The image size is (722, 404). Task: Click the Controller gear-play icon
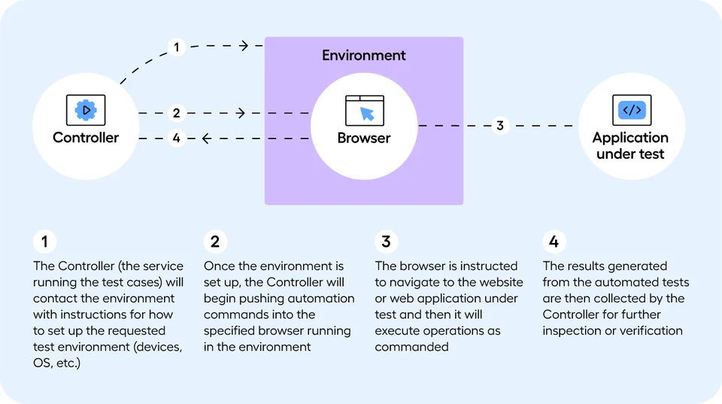(86, 110)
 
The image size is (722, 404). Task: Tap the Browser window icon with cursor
(364, 110)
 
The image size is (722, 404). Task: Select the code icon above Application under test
(630, 110)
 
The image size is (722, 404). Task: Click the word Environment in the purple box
(364, 56)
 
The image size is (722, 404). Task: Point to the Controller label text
(86, 138)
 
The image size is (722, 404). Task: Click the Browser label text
(364, 138)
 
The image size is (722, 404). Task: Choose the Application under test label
(630, 145)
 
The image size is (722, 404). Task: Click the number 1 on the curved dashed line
(176, 47)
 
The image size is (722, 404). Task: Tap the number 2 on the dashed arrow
(176, 114)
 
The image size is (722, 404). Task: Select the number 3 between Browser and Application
(499, 126)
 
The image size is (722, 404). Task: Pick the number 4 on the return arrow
(176, 138)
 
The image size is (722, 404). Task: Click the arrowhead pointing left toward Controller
(205, 138)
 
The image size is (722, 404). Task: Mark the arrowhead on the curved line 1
(244, 46)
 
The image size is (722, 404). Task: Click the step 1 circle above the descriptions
(45, 241)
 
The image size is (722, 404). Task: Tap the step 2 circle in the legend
(216, 241)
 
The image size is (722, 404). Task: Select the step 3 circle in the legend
(387, 241)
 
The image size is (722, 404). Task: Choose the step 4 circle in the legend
(554, 241)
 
